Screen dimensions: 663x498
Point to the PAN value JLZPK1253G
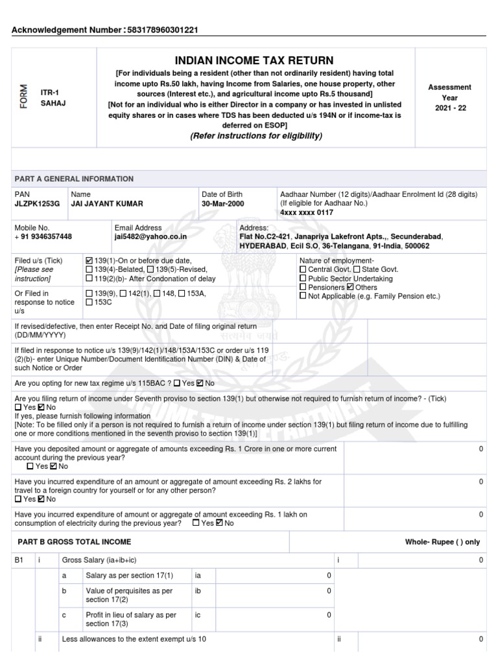[36, 203]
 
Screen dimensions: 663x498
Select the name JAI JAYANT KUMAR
[107, 203]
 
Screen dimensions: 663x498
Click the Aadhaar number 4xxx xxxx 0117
[307, 212]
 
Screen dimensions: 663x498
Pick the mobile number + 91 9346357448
[43, 237]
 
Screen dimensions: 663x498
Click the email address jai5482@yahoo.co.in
[150, 237]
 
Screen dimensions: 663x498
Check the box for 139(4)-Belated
[89, 269]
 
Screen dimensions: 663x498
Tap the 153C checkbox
[89, 302]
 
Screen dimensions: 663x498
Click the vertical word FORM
[24, 97]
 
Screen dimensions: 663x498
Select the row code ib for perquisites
[199, 590]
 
